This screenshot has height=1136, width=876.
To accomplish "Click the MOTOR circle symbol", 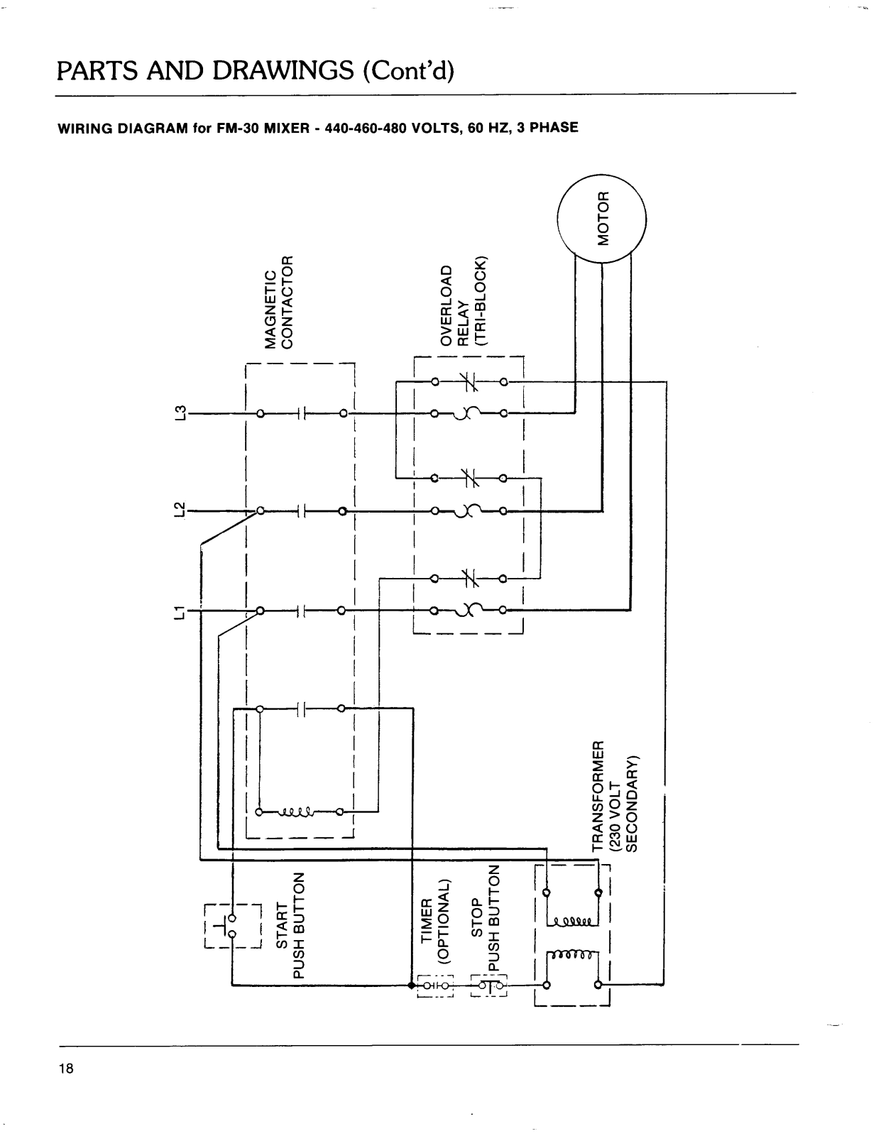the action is [601, 219].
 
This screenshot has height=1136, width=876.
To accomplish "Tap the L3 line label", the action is [180, 413].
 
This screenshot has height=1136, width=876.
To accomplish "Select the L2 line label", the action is [180, 510].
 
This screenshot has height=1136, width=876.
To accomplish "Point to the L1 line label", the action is [180, 612].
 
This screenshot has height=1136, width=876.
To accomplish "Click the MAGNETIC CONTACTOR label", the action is [278, 302].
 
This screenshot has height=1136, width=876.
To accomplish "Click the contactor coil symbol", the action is [298, 812].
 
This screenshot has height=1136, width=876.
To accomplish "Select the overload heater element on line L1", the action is [469, 610].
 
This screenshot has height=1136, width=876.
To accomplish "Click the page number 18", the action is [67, 1068].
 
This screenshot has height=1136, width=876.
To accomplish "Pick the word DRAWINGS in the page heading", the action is [283, 70].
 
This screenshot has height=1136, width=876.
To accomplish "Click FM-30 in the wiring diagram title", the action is [238, 128].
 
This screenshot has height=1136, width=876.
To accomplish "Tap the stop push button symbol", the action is [488, 985].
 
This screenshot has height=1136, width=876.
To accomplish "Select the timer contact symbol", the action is [435, 985].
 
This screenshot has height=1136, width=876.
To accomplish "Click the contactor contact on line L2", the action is [301, 510].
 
